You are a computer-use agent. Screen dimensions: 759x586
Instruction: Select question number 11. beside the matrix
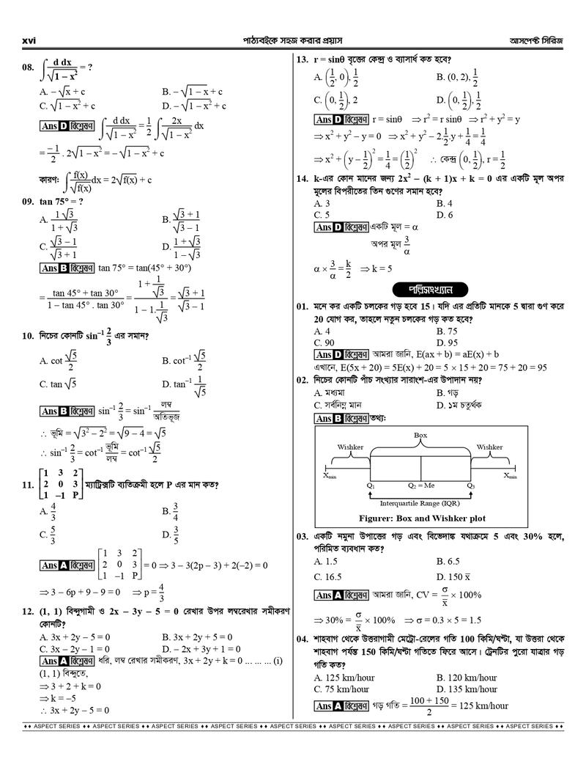[x=28, y=485]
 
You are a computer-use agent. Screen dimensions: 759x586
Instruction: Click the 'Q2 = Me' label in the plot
[x=421, y=485]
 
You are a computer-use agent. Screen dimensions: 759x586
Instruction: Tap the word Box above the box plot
[x=420, y=435]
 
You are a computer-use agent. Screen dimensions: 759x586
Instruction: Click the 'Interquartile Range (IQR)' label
[x=420, y=503]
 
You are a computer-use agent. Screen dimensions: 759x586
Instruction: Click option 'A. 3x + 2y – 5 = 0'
[x=75, y=637]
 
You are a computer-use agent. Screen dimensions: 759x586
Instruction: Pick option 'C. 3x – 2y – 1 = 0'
[x=75, y=649]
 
